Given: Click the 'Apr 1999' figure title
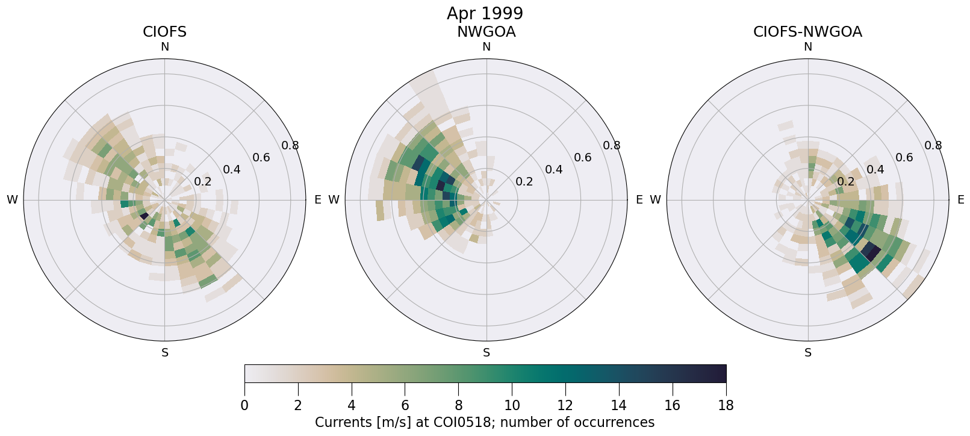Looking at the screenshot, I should [x=485, y=13].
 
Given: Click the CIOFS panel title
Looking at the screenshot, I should [x=164, y=32].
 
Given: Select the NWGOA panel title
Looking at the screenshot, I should [x=486, y=32].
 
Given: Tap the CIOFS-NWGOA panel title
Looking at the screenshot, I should [x=807, y=32].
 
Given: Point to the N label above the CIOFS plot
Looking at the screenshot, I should [x=164, y=47].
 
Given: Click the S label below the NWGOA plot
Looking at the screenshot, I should [x=487, y=353].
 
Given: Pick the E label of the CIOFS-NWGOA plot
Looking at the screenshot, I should [x=961, y=200].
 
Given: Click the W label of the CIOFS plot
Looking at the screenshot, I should [x=12, y=200].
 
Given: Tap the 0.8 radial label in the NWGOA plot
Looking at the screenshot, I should [x=612, y=145].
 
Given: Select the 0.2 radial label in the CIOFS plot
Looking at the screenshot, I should [x=202, y=182].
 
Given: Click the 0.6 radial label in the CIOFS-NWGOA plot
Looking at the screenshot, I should [x=904, y=158].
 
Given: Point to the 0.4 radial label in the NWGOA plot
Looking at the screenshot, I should [x=553, y=169].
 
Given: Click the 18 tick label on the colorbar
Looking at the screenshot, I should [x=726, y=405].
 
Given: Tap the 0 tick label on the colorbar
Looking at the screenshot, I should [x=244, y=405].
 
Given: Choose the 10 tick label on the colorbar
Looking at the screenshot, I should [x=512, y=405].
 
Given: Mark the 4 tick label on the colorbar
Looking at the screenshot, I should [x=351, y=405].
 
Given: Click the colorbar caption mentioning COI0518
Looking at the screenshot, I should [x=485, y=422].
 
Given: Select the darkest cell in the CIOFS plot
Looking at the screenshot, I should [x=144, y=215].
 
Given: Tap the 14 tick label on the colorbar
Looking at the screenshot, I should [x=619, y=405].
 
